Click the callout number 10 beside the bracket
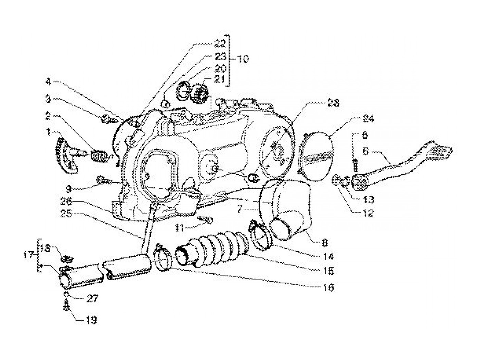coord(242,59)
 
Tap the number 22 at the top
coord(220,43)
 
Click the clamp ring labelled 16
coord(162,260)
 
